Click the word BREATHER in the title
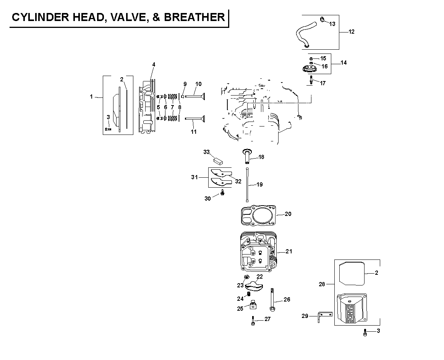click(x=194, y=17)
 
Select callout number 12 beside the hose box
click(x=352, y=32)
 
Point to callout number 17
click(x=323, y=83)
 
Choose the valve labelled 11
click(x=195, y=118)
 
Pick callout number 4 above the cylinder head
click(x=154, y=65)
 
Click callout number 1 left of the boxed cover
click(x=91, y=97)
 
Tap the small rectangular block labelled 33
click(x=218, y=161)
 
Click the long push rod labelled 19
click(x=247, y=185)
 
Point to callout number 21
click(x=289, y=251)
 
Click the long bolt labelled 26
click(x=272, y=299)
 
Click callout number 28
click(x=322, y=284)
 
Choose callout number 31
click(x=194, y=177)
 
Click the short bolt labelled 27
click(x=253, y=321)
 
